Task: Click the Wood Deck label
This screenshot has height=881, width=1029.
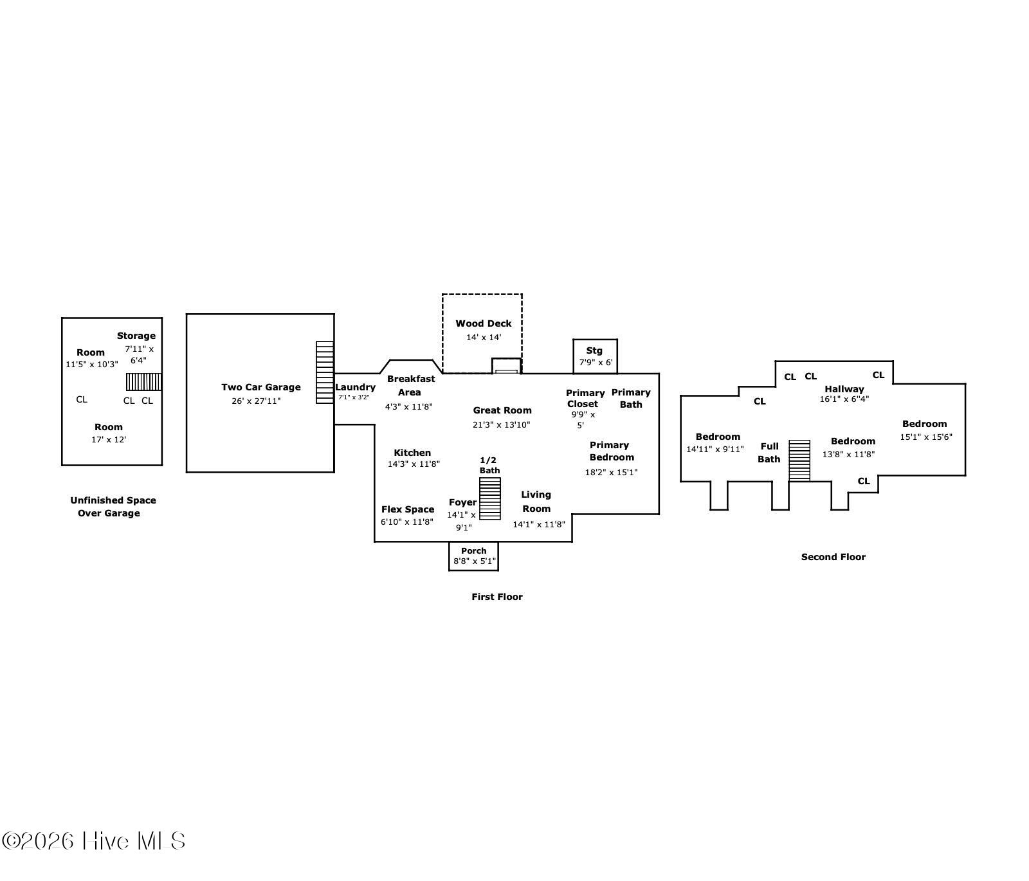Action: (483, 323)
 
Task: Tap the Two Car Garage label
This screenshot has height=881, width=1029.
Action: (260, 387)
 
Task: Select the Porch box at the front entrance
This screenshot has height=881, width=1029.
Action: (473, 556)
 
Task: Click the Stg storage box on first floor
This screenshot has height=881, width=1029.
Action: (595, 356)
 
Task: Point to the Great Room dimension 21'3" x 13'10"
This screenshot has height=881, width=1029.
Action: (501, 424)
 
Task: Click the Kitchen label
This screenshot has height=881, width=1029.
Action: (412, 453)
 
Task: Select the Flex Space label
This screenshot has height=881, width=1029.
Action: (408, 509)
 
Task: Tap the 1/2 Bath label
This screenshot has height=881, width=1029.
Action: (489, 465)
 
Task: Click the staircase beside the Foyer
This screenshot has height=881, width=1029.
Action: (489, 498)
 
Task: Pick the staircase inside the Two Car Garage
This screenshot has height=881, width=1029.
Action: (325, 372)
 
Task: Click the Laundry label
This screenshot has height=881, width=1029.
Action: (355, 387)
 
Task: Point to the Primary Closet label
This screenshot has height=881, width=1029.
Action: (585, 398)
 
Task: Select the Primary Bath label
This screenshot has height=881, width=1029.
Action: (631, 398)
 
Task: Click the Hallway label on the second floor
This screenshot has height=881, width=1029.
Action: (844, 389)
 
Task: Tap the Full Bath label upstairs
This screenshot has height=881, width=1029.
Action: (769, 452)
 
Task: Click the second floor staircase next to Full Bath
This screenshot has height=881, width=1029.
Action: (799, 460)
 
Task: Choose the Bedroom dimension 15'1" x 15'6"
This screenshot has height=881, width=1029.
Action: (925, 437)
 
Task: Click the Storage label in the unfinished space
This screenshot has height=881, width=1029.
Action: (136, 336)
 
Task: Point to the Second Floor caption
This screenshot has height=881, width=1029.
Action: (833, 557)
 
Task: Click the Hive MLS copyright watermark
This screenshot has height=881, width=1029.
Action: (94, 840)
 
